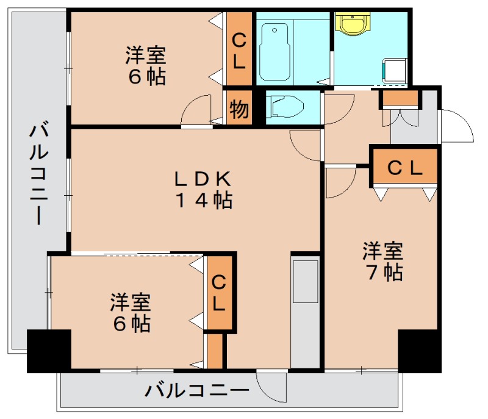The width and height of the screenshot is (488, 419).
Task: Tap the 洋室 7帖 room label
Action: click(383, 261)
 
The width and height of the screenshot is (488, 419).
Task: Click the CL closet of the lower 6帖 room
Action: click(218, 294)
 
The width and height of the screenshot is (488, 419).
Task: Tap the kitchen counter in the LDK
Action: click(305, 311)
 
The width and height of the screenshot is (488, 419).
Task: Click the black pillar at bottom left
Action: click(49, 350)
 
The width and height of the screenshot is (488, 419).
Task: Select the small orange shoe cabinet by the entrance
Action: click(400, 98)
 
